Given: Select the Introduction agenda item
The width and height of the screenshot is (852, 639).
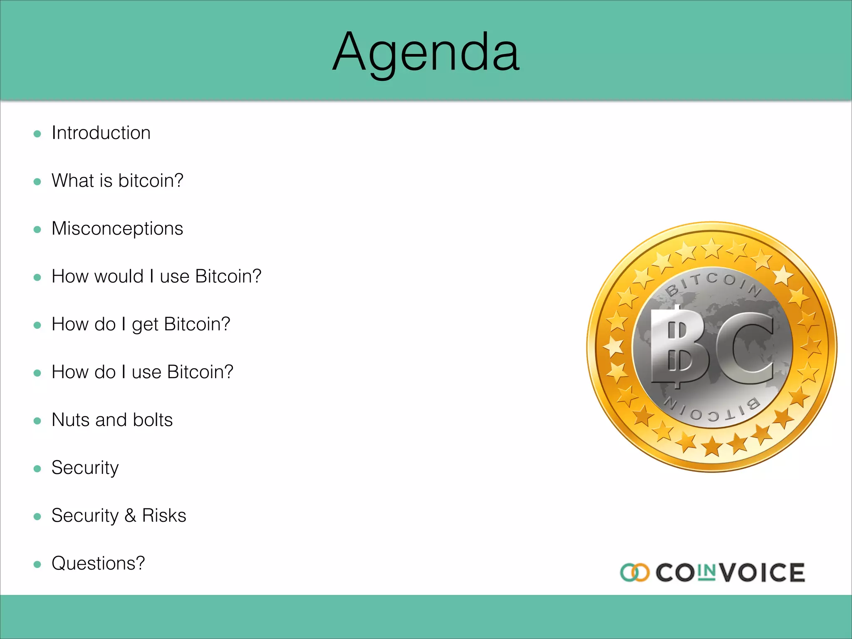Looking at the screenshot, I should [101, 133].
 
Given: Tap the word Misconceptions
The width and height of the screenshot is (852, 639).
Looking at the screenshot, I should [117, 229].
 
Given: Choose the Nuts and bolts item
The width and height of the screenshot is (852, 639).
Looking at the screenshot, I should [112, 420].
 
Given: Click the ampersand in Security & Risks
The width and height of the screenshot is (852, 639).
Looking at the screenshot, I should [130, 516].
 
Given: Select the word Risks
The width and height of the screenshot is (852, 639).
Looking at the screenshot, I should [164, 516].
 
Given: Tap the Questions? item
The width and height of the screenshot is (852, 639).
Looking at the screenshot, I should [98, 564].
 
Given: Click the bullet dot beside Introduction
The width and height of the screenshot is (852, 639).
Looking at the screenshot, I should [37, 134].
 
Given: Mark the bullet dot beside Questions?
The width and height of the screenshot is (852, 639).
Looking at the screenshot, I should [37, 565].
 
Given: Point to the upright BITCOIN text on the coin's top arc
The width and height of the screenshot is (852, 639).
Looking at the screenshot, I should [713, 281].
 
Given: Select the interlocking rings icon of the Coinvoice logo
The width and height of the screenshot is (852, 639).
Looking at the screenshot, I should [634, 572].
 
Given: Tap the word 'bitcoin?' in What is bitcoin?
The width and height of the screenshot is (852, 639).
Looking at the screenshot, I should [151, 181].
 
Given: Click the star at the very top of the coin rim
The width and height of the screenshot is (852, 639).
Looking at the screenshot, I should [712, 248].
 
